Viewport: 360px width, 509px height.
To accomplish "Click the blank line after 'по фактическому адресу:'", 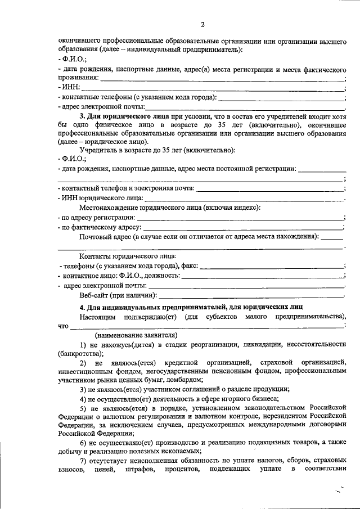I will pos(244,227).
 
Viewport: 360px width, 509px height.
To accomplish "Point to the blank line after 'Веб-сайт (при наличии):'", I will pos(251,295).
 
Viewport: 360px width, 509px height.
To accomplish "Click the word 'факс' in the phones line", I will pos(189,266).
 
